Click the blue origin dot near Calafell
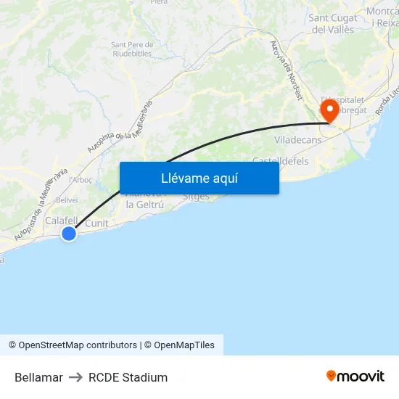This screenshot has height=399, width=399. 69,234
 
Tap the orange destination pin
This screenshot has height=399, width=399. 330,110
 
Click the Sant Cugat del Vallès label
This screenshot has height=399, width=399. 332,23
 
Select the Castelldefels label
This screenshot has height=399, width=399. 280,160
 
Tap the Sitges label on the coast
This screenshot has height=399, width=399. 196,197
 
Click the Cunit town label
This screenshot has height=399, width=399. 96,223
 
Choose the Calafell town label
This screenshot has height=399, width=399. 61,220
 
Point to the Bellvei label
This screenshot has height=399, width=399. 67,199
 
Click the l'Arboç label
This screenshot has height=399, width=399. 79,180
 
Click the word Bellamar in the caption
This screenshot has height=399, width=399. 38,377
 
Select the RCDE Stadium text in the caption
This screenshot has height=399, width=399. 128,377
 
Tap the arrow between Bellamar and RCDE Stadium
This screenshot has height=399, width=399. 75,377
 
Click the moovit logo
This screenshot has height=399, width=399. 355,376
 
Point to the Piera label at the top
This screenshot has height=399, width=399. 159,2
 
